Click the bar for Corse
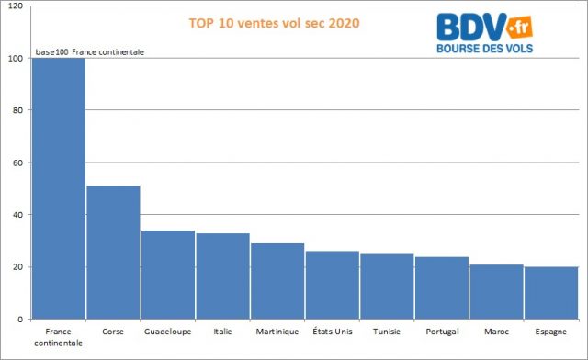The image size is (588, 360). click(x=113, y=253)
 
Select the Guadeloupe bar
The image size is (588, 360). click(x=167, y=275)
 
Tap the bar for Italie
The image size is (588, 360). click(x=222, y=276)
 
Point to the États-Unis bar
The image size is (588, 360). click(x=332, y=285)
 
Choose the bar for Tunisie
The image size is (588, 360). click(x=387, y=287)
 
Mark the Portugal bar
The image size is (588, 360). click(x=441, y=287)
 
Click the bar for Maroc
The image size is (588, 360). click(x=496, y=291)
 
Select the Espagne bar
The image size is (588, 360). click(x=551, y=293)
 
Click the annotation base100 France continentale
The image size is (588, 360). click(x=90, y=51)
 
